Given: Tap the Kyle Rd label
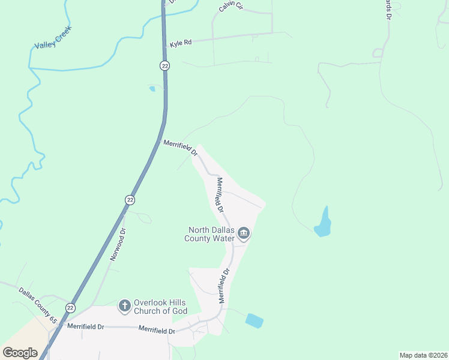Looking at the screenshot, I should point(180,43).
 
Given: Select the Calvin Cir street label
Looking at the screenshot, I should point(231,7).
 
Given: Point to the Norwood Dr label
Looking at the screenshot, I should point(118,244).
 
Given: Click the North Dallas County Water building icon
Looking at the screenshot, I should point(243,233).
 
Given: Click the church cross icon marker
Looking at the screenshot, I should point(124,306).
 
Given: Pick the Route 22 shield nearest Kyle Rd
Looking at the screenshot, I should point(164,65).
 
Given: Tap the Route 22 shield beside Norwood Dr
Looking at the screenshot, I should point(130,199).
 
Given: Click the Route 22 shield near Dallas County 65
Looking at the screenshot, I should point(71,308).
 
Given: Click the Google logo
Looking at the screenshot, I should point(20,353).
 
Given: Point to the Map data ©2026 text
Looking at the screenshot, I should point(423,355).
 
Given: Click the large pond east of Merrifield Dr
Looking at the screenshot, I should point(324,223).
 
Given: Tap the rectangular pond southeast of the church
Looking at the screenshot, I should point(254,320).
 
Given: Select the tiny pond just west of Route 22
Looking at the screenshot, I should point(152,89).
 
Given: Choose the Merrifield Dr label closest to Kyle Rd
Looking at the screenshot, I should point(180,148).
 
